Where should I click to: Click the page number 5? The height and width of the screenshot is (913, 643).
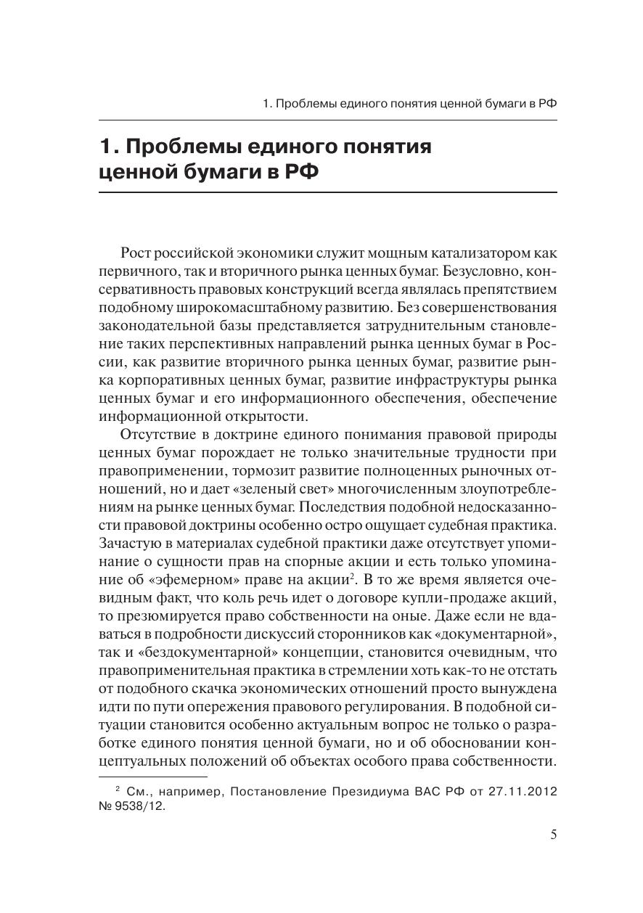point(553,835)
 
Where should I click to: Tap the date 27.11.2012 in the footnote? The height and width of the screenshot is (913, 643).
point(523,792)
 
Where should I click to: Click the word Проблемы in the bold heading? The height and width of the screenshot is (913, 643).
point(187,147)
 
